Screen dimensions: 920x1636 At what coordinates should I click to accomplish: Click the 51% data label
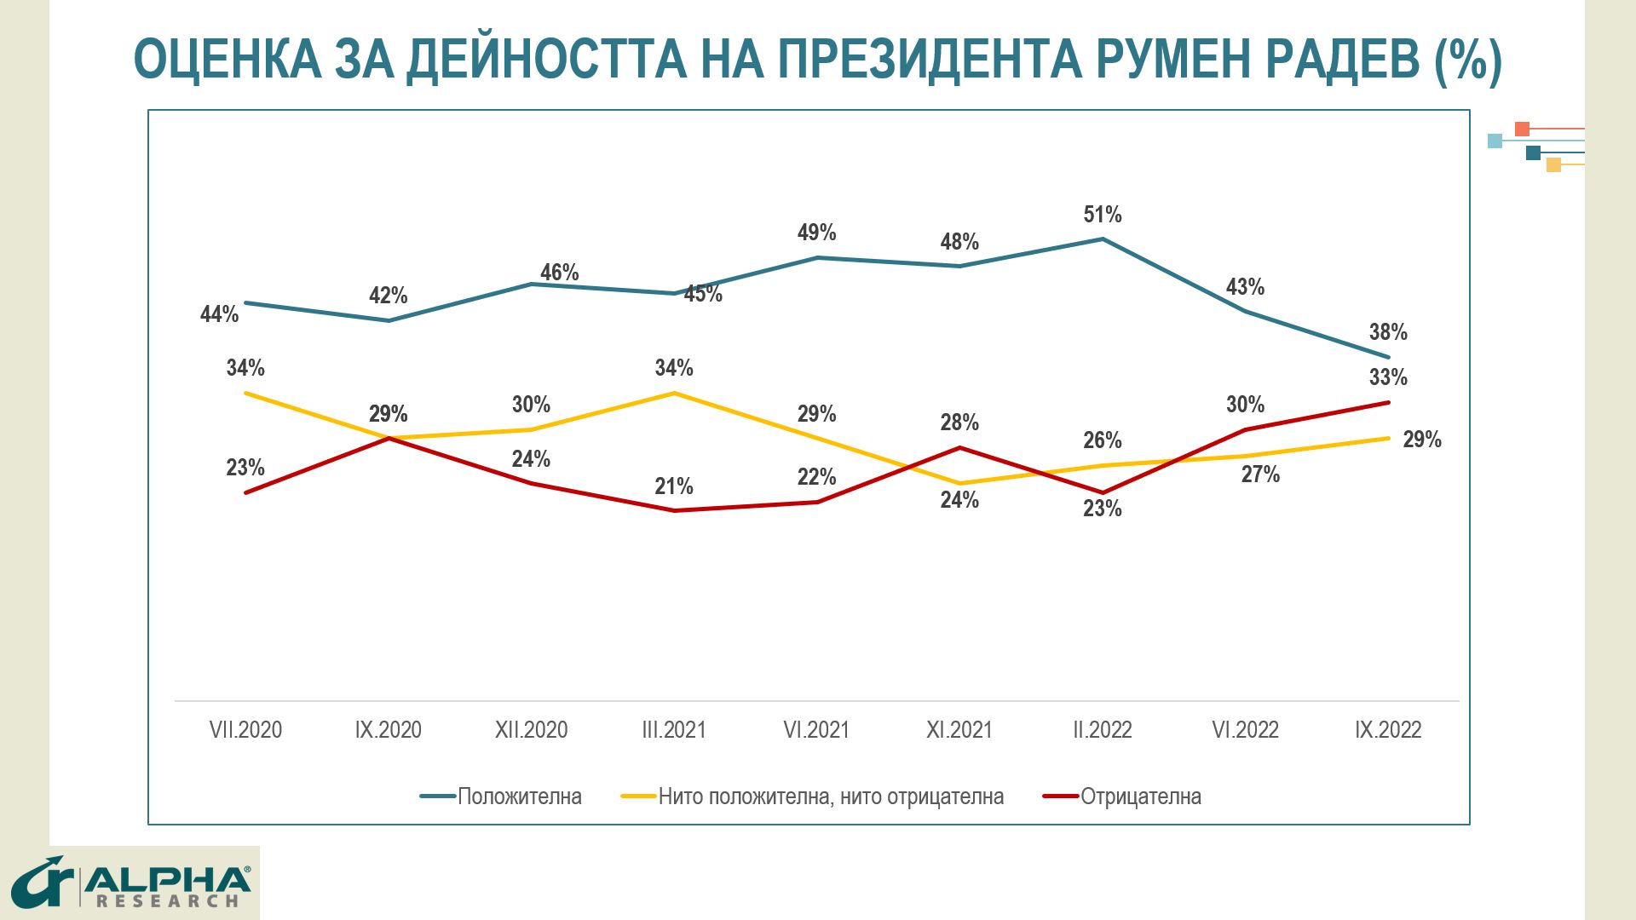point(1102,215)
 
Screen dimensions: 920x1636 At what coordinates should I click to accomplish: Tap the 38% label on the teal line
point(1387,332)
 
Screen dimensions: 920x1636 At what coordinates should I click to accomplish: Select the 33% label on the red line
point(1387,377)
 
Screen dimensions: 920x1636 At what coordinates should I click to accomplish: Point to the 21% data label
point(673,486)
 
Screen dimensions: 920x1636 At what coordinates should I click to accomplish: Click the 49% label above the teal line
point(816,233)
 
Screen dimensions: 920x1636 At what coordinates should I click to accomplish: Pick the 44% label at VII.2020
point(219,314)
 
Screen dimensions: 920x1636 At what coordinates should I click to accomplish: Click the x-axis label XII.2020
point(531,730)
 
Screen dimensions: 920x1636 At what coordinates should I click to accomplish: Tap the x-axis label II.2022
point(1102,730)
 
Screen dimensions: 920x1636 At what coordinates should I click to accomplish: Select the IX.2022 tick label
point(1387,730)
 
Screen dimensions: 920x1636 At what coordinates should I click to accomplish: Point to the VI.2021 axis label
point(816,730)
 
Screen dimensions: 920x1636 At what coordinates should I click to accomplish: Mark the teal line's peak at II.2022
point(1103,239)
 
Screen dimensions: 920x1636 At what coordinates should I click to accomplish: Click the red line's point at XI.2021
point(959,447)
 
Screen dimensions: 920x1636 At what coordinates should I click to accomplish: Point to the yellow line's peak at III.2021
point(674,393)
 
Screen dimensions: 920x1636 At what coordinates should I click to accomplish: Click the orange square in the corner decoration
point(1522,129)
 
